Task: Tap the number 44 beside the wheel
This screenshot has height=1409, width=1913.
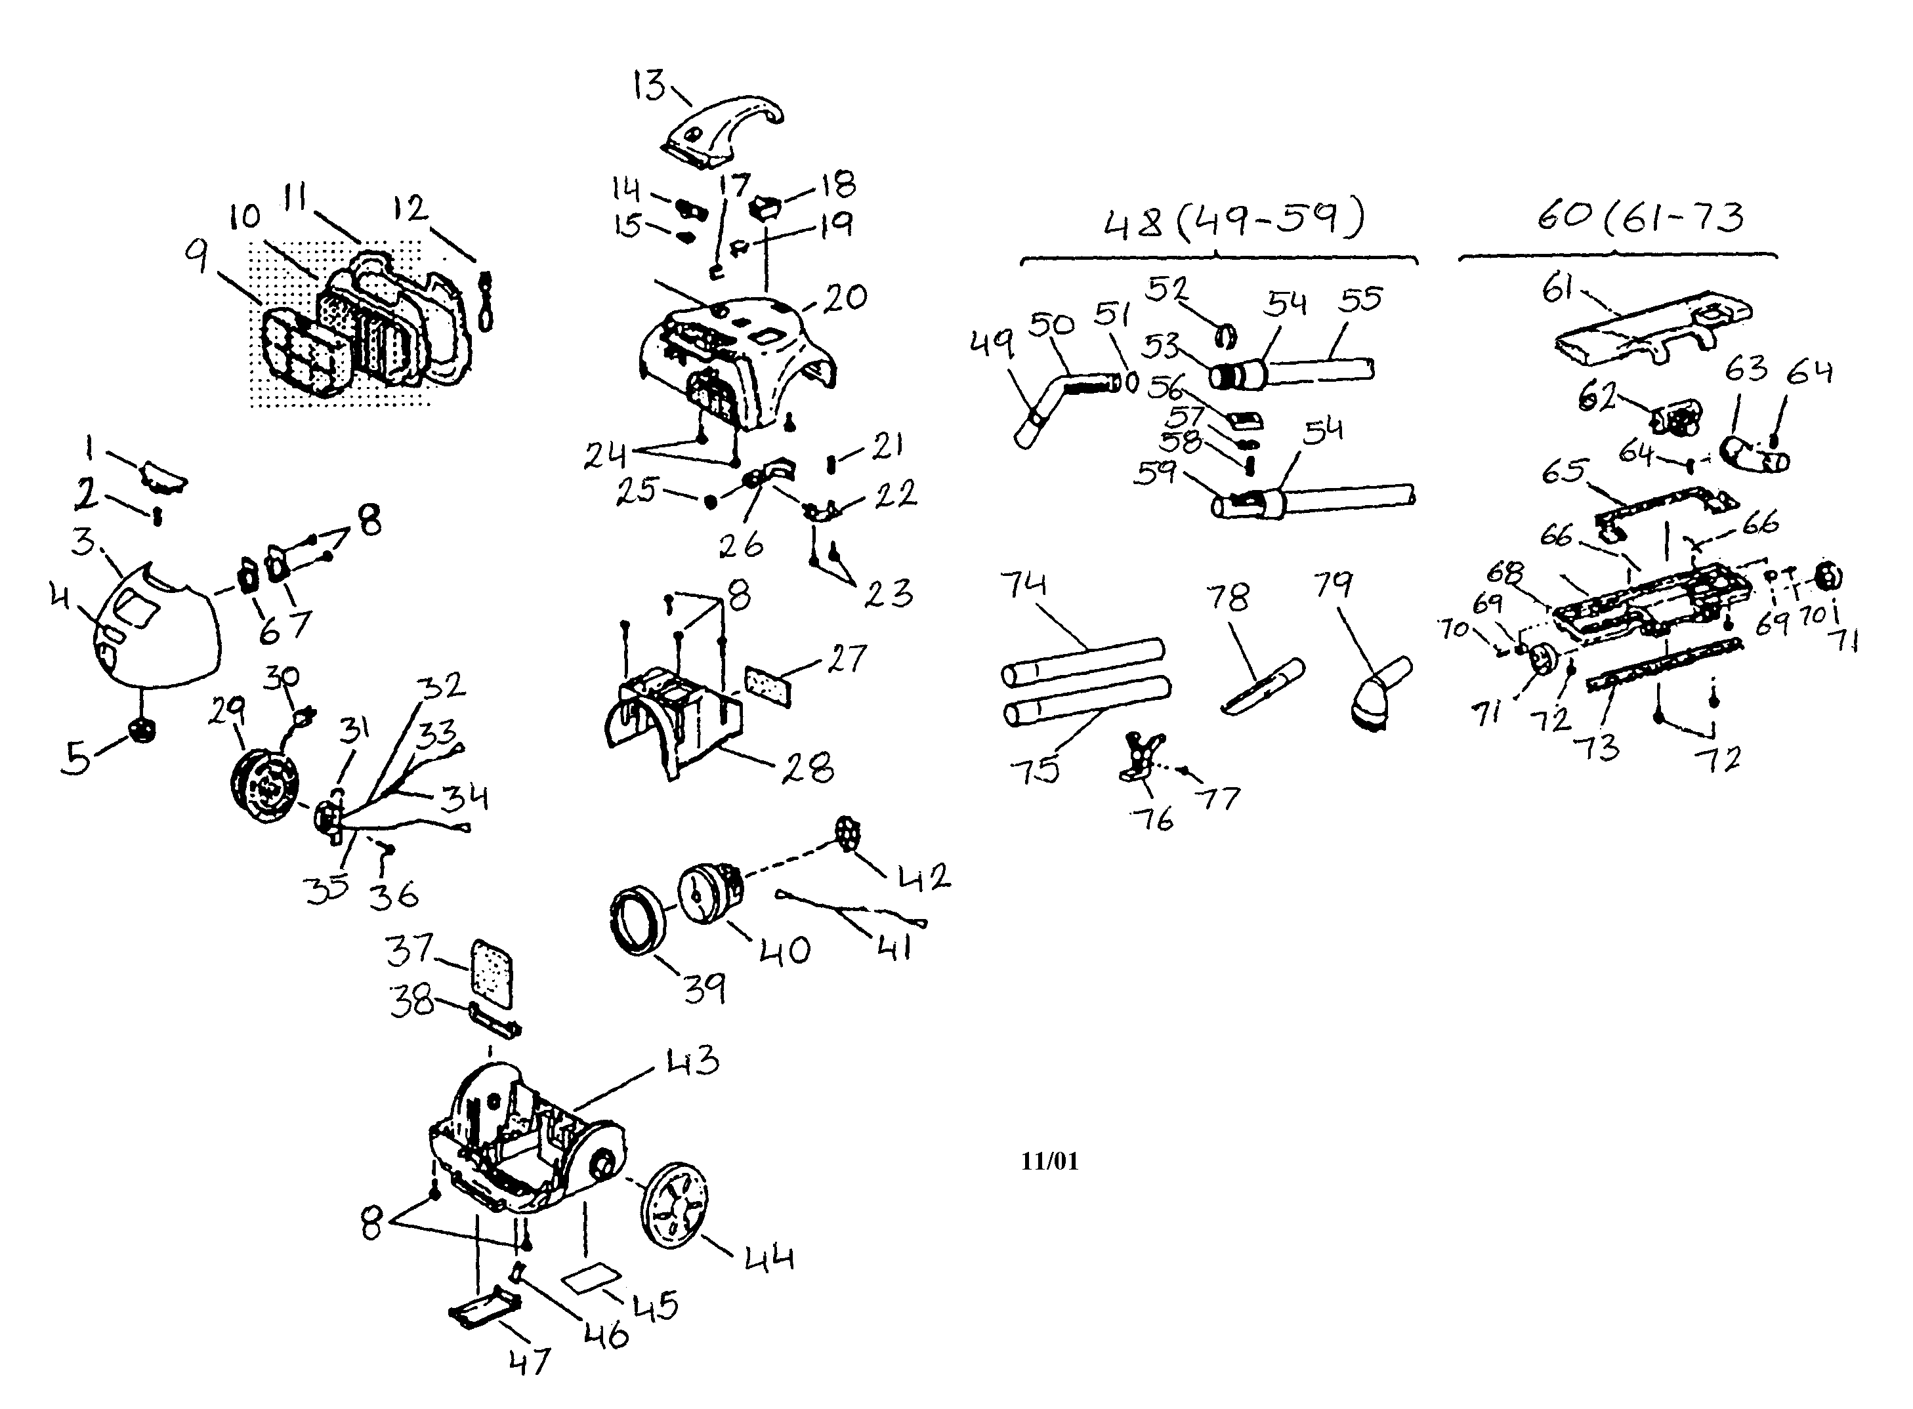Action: point(768,1259)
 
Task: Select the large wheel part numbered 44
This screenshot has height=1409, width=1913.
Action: point(675,1202)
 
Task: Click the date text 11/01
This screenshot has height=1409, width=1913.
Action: point(1049,1161)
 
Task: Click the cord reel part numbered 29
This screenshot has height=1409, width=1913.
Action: point(266,785)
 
